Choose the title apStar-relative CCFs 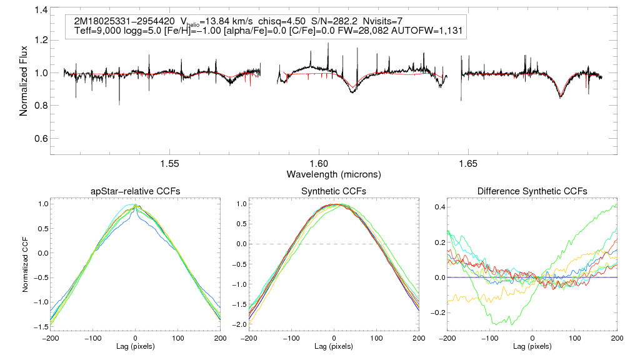(135, 191)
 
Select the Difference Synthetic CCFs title (532, 191)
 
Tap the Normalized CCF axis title (26, 266)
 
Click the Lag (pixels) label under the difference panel (532, 346)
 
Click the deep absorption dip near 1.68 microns (561, 96)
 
